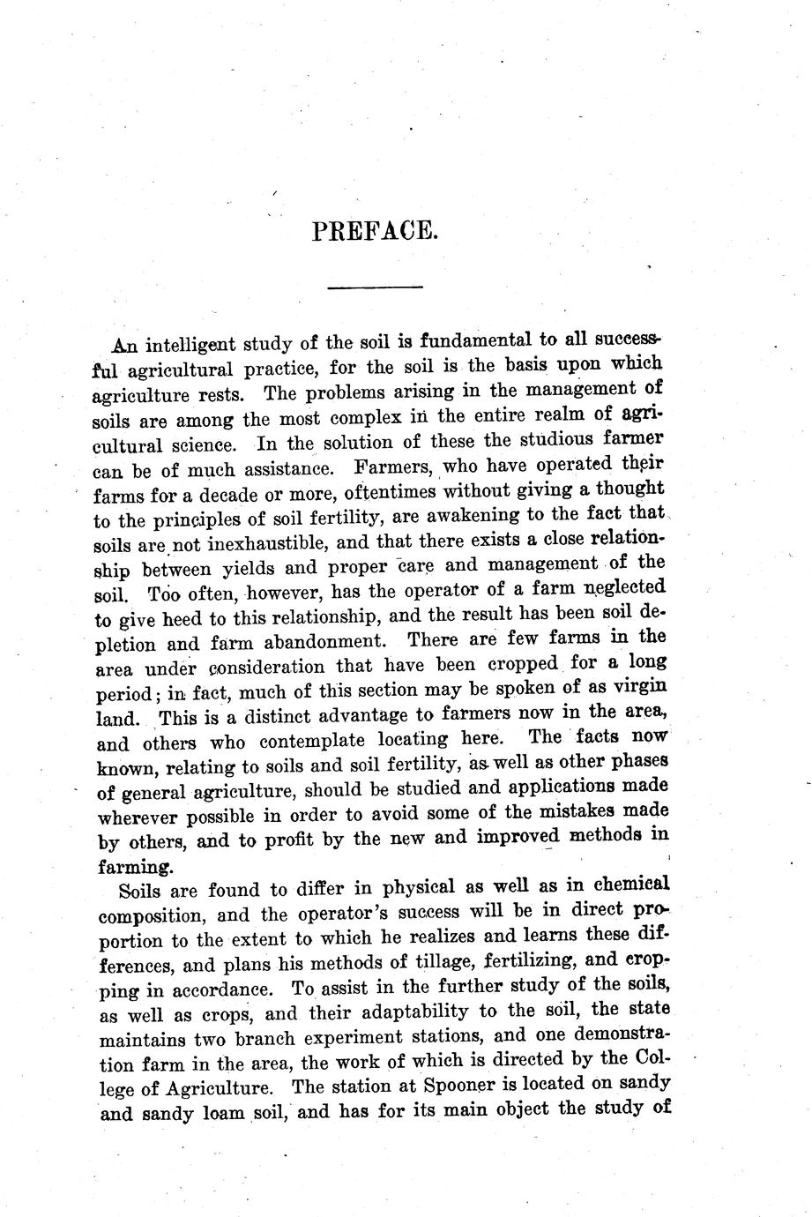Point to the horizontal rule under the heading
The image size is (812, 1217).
tap(375, 287)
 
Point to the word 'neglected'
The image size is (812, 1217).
tap(622, 588)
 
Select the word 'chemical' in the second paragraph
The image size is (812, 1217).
tap(628, 884)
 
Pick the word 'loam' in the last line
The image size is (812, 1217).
tap(217, 1114)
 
